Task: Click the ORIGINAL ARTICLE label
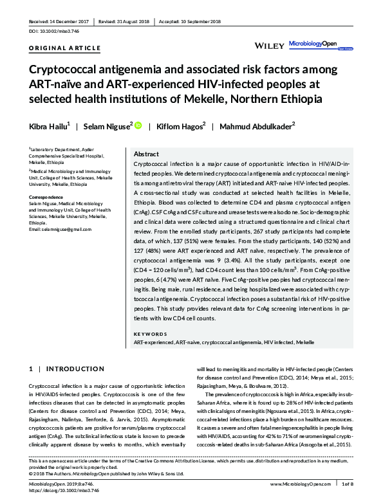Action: (x=64, y=48)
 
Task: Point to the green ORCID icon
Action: (x=137, y=126)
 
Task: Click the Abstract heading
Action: (x=147, y=154)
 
